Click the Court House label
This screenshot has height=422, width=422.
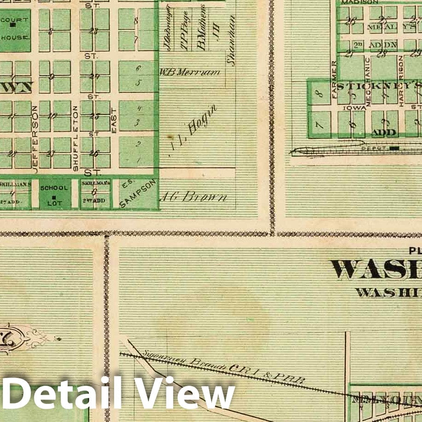(15, 29)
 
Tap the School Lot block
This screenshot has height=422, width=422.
(54, 193)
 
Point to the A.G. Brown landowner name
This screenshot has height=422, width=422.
(194, 198)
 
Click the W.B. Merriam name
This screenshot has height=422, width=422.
(189, 72)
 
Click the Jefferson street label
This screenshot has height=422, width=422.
(35, 138)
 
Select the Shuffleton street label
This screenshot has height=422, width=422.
(75, 138)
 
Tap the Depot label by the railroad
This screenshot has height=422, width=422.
(372, 148)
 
